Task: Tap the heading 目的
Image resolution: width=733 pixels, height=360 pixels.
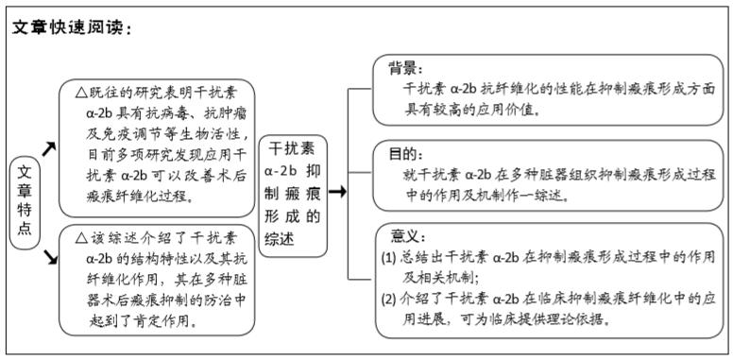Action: tap(404, 152)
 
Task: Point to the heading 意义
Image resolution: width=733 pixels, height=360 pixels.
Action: tap(406, 234)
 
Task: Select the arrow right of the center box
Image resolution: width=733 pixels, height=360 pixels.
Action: tap(337, 192)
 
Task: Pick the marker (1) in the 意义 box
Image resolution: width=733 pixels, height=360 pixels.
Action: tap(388, 257)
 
